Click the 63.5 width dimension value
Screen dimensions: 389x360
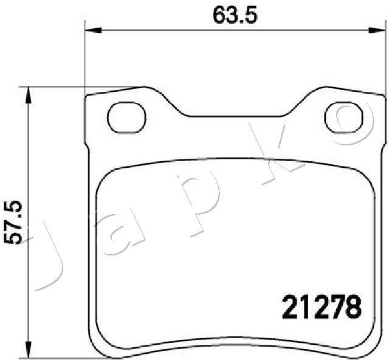(x=235, y=15)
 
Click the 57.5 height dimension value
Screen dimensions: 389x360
(x=12, y=223)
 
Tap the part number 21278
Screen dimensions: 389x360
(x=322, y=306)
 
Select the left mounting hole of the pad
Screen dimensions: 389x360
(x=126, y=117)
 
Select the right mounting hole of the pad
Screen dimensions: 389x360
(x=343, y=117)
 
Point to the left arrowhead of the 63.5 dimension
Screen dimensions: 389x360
(x=93, y=30)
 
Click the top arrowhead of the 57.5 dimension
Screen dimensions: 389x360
(x=29, y=95)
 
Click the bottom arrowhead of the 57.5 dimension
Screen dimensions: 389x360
(x=29, y=350)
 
